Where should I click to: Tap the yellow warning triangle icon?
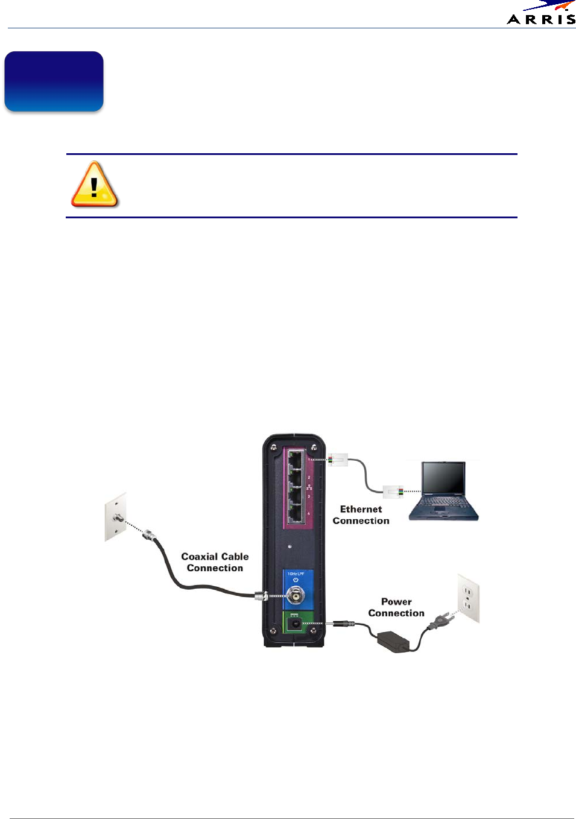[94, 185]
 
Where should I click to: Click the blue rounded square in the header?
[54, 81]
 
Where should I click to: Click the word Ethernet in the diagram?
[361, 509]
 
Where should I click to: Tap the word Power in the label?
[396, 601]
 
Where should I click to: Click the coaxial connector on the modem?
[296, 596]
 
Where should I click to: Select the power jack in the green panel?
[296, 623]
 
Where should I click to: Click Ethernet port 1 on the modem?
[296, 462]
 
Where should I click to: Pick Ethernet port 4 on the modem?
[296, 514]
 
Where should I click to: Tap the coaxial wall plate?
[116, 516]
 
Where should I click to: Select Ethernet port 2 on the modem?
[296, 479]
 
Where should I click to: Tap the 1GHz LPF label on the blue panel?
[296, 574]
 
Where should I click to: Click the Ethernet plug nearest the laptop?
[393, 492]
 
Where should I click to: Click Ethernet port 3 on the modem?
[296, 497]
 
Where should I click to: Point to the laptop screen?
[444, 479]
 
